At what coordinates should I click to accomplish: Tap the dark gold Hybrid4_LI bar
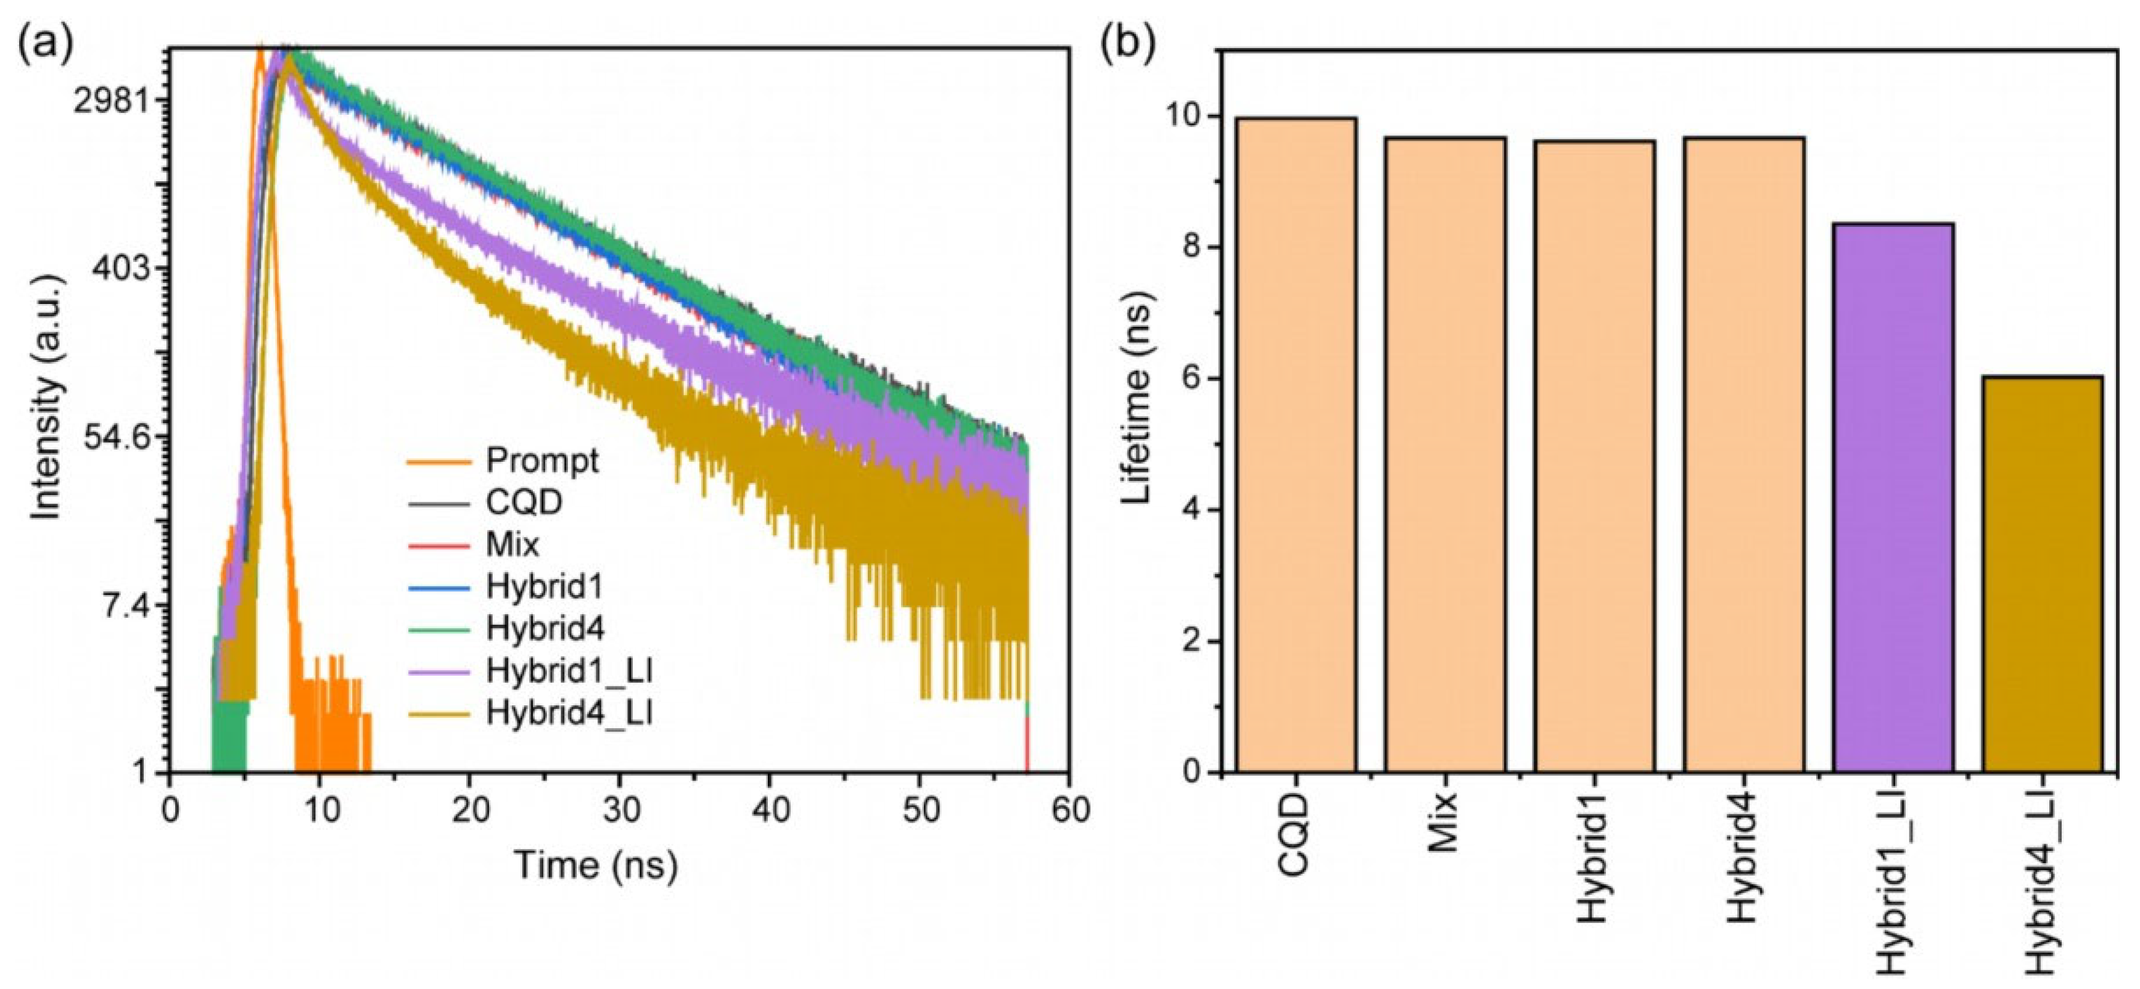click(2043, 573)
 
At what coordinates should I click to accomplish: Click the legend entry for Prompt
click(541, 460)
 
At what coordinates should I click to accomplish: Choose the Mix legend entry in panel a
click(512, 544)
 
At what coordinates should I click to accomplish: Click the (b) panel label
click(1127, 46)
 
